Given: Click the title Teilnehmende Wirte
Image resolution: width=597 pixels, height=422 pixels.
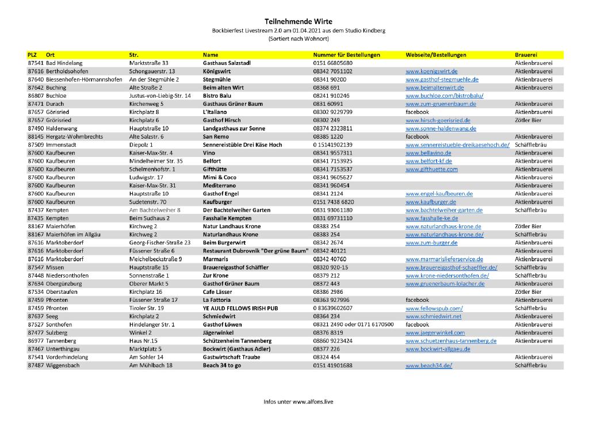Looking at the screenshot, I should pyautogui.click(x=298, y=21).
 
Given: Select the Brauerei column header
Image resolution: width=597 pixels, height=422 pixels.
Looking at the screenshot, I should pyautogui.click(x=527, y=55).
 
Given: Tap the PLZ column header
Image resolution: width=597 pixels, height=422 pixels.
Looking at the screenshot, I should pyautogui.click(x=32, y=55).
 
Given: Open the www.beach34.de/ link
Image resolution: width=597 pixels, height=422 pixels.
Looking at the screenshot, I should pyautogui.click(x=428, y=366).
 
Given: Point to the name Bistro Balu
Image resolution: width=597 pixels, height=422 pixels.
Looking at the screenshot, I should pyautogui.click(x=217, y=95).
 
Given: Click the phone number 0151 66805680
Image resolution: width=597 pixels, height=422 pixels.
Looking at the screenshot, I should pyautogui.click(x=332, y=63).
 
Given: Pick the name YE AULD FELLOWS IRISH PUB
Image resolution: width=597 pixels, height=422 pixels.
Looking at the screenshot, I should pyautogui.click(x=240, y=308).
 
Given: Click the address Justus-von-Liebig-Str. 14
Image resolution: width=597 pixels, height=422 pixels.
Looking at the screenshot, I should pyautogui.click(x=160, y=95).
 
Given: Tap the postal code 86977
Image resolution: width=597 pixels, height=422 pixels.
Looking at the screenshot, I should pyautogui.click(x=36, y=341).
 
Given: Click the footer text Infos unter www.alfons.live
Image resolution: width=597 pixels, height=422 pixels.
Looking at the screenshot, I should pyautogui.click(x=298, y=401).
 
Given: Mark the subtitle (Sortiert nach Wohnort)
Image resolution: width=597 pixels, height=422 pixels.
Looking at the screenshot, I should pyautogui.click(x=298, y=39).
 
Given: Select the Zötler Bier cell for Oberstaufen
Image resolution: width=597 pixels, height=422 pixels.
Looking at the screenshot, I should pyautogui.click(x=527, y=292).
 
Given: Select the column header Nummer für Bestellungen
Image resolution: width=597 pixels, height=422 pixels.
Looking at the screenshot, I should pyautogui.click(x=346, y=55).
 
